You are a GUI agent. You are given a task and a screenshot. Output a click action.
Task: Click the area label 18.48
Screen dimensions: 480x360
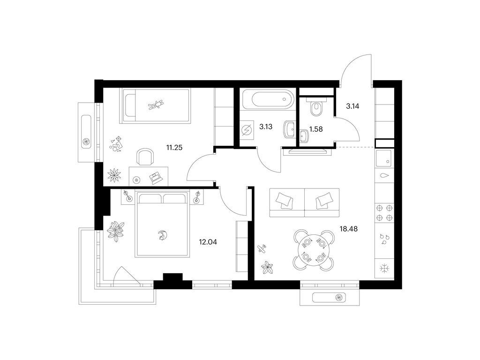(349, 229)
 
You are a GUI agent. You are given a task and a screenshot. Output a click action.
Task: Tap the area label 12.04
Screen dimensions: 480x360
(208, 242)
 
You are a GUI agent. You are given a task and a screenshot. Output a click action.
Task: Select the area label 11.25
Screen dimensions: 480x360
(174, 148)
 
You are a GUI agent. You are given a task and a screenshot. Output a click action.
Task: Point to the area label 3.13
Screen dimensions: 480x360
(266, 127)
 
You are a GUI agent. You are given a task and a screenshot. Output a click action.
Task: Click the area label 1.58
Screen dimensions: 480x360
(316, 129)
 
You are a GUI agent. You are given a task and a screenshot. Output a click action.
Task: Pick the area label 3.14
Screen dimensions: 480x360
(352, 106)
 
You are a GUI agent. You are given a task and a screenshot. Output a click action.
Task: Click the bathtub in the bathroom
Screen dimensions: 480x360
(268, 99)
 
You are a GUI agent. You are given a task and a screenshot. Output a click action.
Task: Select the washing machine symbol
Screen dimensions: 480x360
(247, 130)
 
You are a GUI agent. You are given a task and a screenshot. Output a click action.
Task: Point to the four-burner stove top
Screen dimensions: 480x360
(384, 213)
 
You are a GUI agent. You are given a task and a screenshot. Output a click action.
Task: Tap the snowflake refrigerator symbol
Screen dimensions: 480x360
(384, 269)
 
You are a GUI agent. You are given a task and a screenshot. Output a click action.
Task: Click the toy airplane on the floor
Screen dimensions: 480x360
(262, 249)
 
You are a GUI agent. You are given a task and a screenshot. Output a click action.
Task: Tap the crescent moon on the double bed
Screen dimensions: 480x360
(161, 235)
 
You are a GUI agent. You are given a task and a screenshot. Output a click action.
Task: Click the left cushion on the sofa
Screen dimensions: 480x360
(284, 201)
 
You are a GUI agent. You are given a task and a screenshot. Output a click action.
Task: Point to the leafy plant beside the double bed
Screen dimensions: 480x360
(116, 231)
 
